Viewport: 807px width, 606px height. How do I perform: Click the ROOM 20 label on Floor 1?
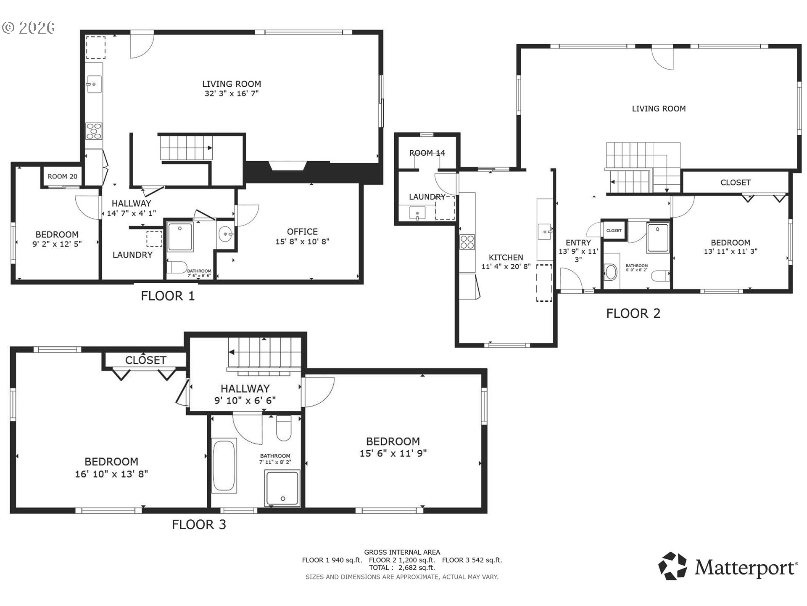click(x=62, y=176)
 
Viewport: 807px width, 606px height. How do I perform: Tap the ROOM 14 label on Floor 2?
click(x=427, y=153)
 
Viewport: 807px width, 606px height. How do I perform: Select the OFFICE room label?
click(x=302, y=231)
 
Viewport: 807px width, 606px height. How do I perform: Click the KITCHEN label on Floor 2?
click(x=506, y=257)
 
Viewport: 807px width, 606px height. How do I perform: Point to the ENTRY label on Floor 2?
click(x=578, y=242)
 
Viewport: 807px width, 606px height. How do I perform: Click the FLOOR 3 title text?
click(x=199, y=524)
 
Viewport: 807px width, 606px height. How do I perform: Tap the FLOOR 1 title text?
click(x=168, y=296)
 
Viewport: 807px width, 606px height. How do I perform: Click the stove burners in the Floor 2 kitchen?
click(x=467, y=242)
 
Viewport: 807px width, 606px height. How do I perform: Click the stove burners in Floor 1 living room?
click(x=94, y=130)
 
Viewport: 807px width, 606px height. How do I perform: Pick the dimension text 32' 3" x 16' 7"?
click(x=231, y=93)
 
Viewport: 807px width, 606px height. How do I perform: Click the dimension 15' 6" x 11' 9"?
click(x=393, y=453)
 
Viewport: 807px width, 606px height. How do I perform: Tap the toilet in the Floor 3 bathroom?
click(x=284, y=428)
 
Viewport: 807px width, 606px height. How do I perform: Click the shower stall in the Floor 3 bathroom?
click(x=282, y=488)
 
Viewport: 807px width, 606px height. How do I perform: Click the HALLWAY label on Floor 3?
click(x=245, y=388)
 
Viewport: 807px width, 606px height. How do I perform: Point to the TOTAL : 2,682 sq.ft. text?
click(x=402, y=568)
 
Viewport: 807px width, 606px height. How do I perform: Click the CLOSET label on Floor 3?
click(x=145, y=360)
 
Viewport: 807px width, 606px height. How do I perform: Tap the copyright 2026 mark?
click(x=29, y=27)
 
